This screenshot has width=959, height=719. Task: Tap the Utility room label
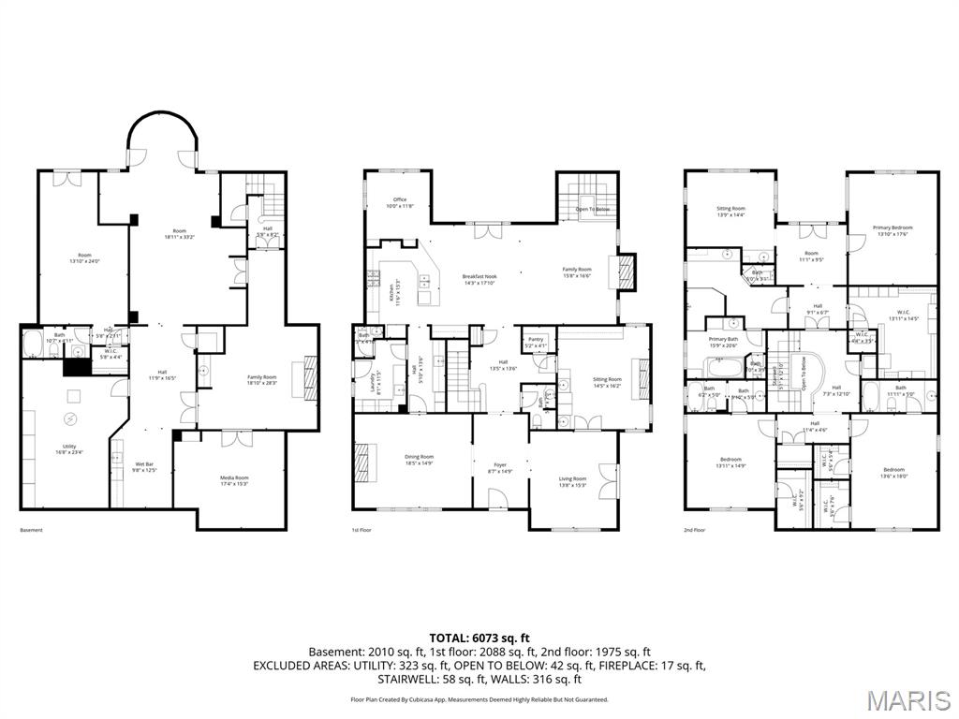[x=69, y=449]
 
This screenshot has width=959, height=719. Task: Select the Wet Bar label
[x=144, y=466]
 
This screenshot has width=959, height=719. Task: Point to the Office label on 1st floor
[x=400, y=201]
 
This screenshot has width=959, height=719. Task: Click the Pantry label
[x=536, y=342]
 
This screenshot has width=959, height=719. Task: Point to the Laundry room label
[x=377, y=380]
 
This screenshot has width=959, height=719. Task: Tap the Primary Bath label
[x=724, y=342]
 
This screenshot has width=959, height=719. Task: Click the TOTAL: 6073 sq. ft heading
[x=479, y=638]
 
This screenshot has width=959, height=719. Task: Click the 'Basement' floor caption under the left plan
[x=31, y=531]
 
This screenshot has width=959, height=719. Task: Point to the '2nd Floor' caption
[x=694, y=531]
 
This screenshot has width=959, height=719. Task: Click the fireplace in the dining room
[x=361, y=462]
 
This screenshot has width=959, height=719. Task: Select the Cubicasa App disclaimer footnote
[x=479, y=699]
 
